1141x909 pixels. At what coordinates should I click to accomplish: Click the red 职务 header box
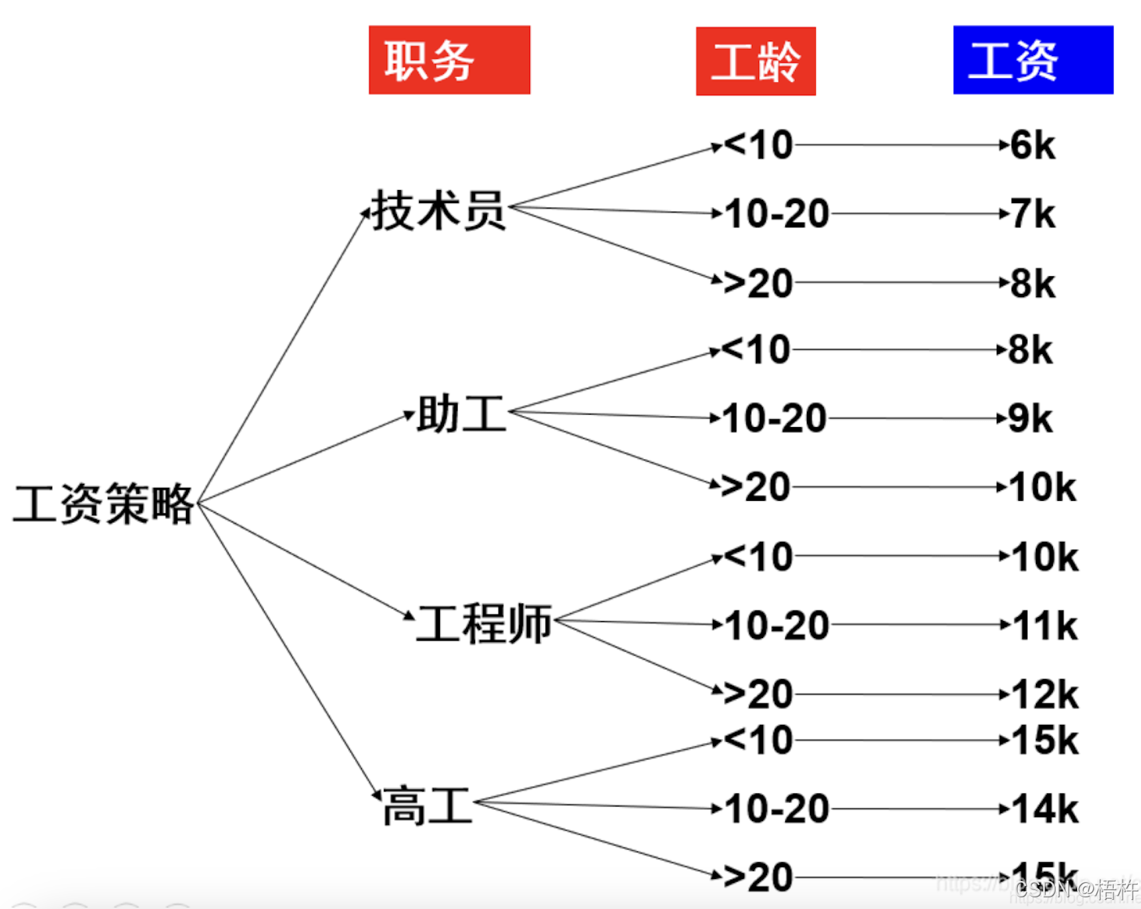coord(449,60)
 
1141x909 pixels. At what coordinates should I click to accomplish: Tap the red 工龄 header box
coord(755,61)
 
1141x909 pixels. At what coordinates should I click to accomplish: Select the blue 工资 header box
coord(1033,60)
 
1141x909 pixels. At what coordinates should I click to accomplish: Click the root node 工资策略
coord(103,504)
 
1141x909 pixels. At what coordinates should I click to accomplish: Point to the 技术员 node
coord(438,211)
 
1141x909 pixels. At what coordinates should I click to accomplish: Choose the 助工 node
coord(461,414)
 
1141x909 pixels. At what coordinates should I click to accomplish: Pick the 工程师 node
coord(484,623)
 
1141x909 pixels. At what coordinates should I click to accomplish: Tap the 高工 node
coord(427,806)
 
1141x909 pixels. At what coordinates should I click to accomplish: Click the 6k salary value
coord(1032,145)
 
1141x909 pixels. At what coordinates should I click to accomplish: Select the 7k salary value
coord(1032,214)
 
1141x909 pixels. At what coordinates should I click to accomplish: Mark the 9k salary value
coord(1030,419)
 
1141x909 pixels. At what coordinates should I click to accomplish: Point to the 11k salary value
coord(1045,626)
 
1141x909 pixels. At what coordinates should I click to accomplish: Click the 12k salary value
coord(1045,694)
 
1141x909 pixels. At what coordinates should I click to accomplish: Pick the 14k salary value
coord(1045,809)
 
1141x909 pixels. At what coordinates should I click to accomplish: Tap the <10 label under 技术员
coord(758,145)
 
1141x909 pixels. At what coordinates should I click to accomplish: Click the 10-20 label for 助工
coord(774,419)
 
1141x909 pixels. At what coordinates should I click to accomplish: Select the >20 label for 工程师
coord(758,694)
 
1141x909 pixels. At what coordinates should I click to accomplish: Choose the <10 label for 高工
coord(758,741)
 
